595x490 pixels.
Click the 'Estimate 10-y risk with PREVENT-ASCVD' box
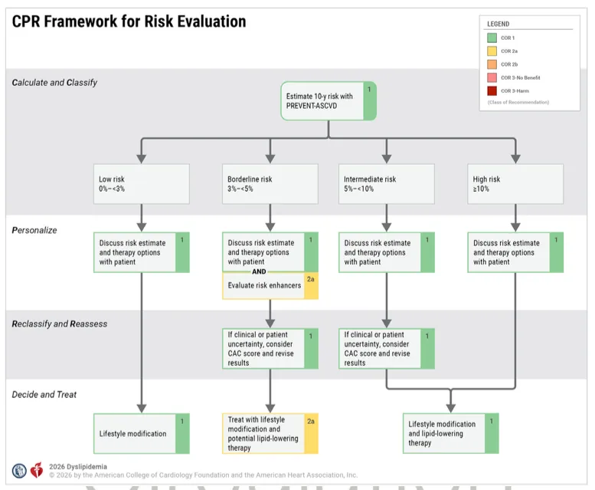(x=329, y=100)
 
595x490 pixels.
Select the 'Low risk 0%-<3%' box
(x=142, y=183)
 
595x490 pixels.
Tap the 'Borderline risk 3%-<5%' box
(x=270, y=183)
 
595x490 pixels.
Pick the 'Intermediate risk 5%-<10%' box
(x=386, y=183)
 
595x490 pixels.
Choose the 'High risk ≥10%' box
(x=515, y=183)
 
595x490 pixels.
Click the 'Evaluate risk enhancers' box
(x=270, y=286)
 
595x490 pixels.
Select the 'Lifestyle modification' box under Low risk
(x=142, y=433)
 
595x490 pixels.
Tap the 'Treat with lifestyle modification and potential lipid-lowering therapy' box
(x=270, y=433)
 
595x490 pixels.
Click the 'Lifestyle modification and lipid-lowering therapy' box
(x=452, y=433)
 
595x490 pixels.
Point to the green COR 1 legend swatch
(x=492, y=37)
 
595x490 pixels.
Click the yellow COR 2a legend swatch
(x=492, y=51)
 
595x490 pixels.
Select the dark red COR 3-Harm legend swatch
(x=492, y=90)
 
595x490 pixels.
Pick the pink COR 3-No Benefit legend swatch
(x=492, y=77)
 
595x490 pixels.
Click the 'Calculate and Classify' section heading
(x=54, y=82)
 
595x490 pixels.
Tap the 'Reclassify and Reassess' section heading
(x=60, y=324)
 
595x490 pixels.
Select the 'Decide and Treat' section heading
(x=44, y=394)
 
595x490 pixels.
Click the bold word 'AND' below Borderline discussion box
(x=259, y=271)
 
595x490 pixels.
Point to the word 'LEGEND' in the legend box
(x=498, y=24)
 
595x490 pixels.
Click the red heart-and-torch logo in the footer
(x=37, y=470)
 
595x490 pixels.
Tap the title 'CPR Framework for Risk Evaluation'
(x=129, y=21)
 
